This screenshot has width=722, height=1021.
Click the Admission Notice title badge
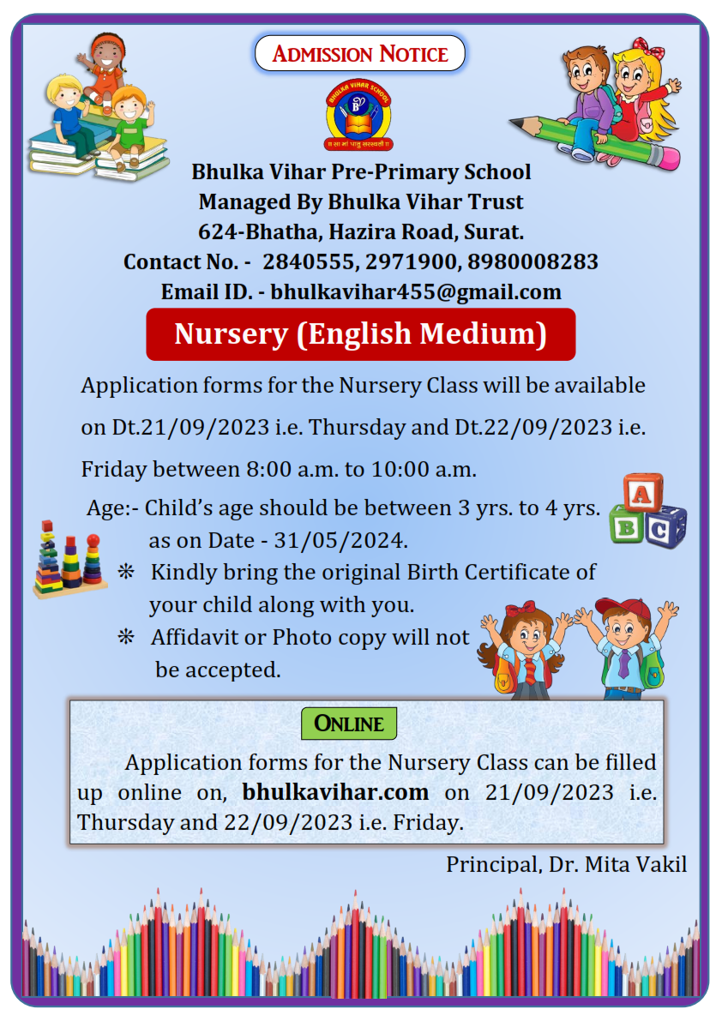360,54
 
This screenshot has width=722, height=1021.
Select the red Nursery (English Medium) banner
360,334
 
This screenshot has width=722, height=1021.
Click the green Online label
349,724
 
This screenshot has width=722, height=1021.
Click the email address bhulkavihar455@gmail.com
416,291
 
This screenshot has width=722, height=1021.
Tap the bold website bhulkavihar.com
335,791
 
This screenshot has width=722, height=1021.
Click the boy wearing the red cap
623,647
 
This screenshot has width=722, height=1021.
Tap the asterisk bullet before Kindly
126,572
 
